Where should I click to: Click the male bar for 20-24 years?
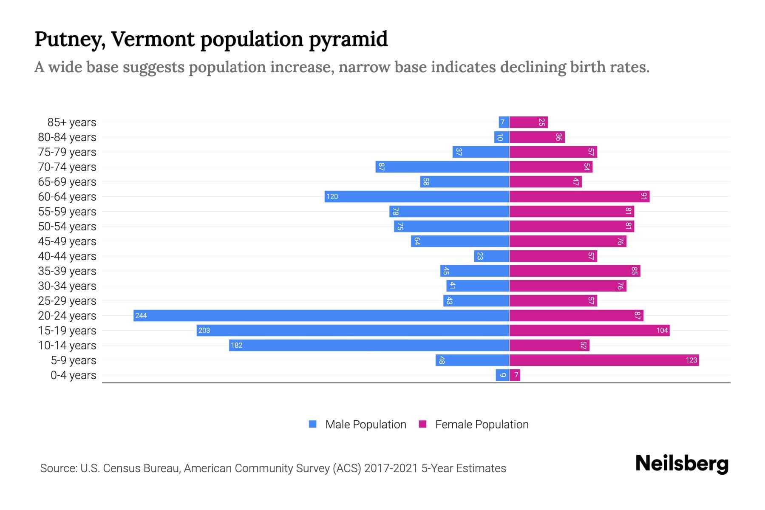pos(321,315)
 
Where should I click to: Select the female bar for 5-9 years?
pos(603,360)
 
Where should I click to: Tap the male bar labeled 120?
pos(416,196)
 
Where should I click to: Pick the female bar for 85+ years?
pos(528,122)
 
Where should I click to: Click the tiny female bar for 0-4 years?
pos(515,375)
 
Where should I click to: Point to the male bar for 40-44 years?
pos(492,256)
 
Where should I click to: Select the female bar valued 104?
pos(589,330)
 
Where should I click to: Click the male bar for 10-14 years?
pos(369,345)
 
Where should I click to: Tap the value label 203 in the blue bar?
pos(204,330)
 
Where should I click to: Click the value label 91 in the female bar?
pos(644,196)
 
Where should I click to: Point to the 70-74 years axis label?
pos(67,167)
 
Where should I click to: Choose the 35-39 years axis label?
pos(67,271)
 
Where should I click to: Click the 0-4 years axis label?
pos(73,375)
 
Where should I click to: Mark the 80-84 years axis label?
pos(67,137)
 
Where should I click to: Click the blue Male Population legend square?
pos(313,424)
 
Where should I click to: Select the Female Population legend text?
pos(482,424)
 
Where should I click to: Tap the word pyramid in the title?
pos(348,40)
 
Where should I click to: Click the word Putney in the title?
pos(70,40)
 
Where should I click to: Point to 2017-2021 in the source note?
pos(391,468)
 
